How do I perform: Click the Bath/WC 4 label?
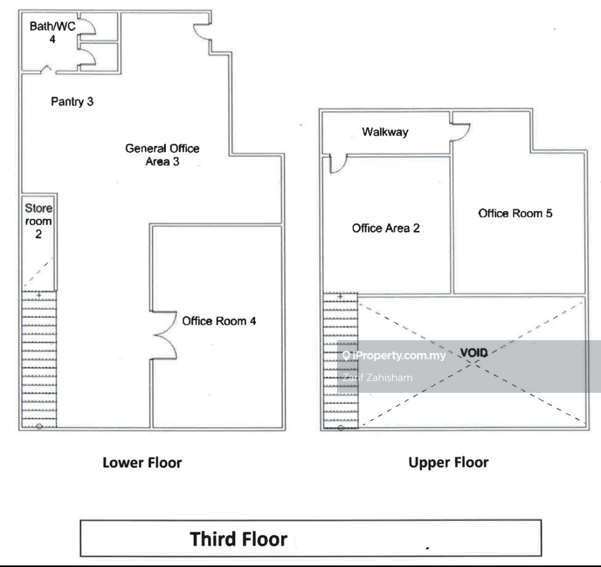coord(53,33)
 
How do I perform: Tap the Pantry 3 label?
coord(72,102)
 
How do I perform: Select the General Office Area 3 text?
coord(162,155)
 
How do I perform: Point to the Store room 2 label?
coord(39,222)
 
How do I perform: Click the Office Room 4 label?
coord(219,321)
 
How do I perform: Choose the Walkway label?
coord(385,132)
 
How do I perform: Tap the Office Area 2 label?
coord(385,229)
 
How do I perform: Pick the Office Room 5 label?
coord(515,213)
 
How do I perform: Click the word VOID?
coord(474,352)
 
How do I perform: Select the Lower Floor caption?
coord(142,463)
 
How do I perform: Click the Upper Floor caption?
coord(448,463)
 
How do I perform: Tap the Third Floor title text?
coord(238,538)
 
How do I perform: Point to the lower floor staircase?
coord(39,359)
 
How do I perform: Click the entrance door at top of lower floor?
coord(204,32)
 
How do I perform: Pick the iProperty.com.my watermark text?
coord(395,355)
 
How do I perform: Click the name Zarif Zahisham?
coord(377,378)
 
